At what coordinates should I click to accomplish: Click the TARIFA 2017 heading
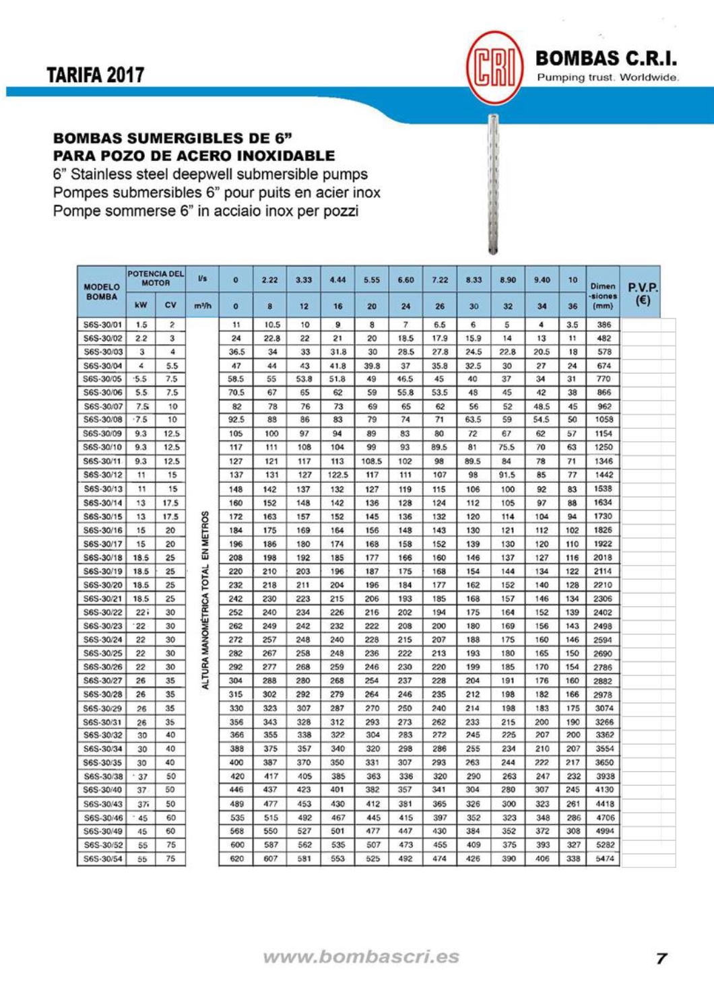click(95, 75)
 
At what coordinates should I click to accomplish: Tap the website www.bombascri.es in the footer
click(361, 957)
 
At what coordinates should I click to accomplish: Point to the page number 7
click(661, 958)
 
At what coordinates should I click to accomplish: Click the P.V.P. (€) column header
click(643, 293)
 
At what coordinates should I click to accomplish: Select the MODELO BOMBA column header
click(102, 292)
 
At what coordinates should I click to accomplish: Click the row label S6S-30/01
click(102, 325)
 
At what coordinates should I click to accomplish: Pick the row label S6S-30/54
click(102, 859)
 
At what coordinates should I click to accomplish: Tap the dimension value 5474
click(604, 859)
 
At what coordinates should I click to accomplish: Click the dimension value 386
click(604, 325)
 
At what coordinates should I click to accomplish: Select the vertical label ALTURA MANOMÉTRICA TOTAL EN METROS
click(205, 599)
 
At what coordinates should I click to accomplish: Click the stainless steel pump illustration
click(494, 184)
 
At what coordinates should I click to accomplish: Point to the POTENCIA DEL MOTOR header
click(156, 278)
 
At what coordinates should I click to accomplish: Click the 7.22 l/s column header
click(439, 279)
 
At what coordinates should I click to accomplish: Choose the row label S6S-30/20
click(102, 585)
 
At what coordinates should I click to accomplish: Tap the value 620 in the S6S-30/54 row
click(236, 859)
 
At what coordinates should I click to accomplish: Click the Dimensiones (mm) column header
click(603, 296)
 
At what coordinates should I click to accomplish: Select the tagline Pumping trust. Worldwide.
click(607, 77)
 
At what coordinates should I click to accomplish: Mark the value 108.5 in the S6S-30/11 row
click(371, 461)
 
